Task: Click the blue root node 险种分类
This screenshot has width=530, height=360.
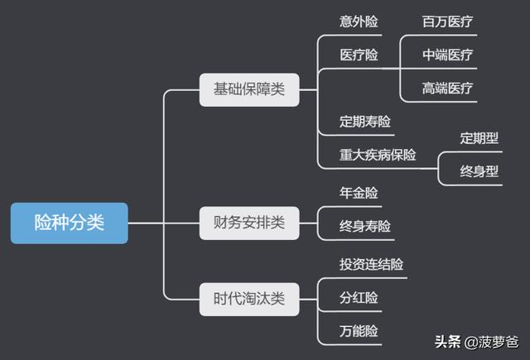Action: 70,223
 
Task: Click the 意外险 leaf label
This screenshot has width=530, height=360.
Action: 359,22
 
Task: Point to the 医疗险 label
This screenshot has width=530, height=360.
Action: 359,55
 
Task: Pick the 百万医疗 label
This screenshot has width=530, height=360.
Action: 448,22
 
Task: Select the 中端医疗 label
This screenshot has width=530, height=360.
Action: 448,55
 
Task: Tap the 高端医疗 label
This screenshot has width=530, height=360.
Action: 448,89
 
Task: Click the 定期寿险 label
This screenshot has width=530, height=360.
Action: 365,122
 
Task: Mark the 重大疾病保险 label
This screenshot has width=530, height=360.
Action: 378,155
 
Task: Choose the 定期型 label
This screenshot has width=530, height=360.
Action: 479,138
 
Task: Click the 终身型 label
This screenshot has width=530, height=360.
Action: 479,172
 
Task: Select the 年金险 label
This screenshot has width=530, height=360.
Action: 359,193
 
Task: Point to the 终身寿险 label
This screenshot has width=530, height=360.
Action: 365,226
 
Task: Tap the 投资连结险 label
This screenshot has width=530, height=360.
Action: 372,265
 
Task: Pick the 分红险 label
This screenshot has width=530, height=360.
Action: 359,298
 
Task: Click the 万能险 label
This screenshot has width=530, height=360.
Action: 359,331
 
